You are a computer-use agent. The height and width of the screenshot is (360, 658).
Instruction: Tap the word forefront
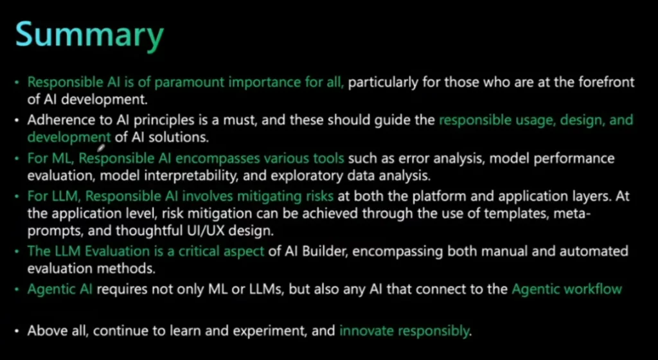coord(607,82)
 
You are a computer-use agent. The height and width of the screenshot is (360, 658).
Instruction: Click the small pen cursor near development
coord(101,147)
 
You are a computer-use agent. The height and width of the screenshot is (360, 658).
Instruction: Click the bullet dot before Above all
coord(17,331)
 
